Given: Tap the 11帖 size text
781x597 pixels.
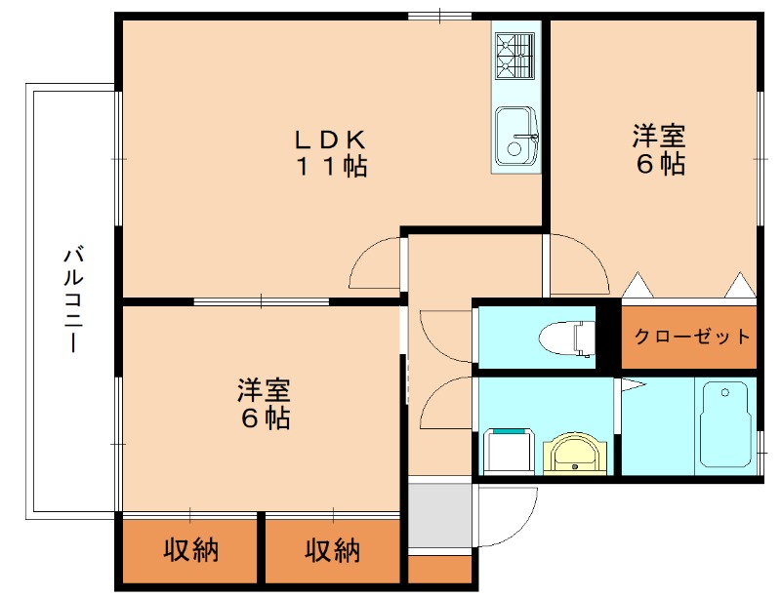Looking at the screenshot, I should click(x=332, y=167).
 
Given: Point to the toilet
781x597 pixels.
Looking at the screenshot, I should click(x=569, y=338).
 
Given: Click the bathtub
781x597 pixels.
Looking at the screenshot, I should click(x=724, y=423).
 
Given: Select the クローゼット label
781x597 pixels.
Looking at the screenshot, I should click(x=692, y=338).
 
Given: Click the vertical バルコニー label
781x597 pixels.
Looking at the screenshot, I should click(x=71, y=300).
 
